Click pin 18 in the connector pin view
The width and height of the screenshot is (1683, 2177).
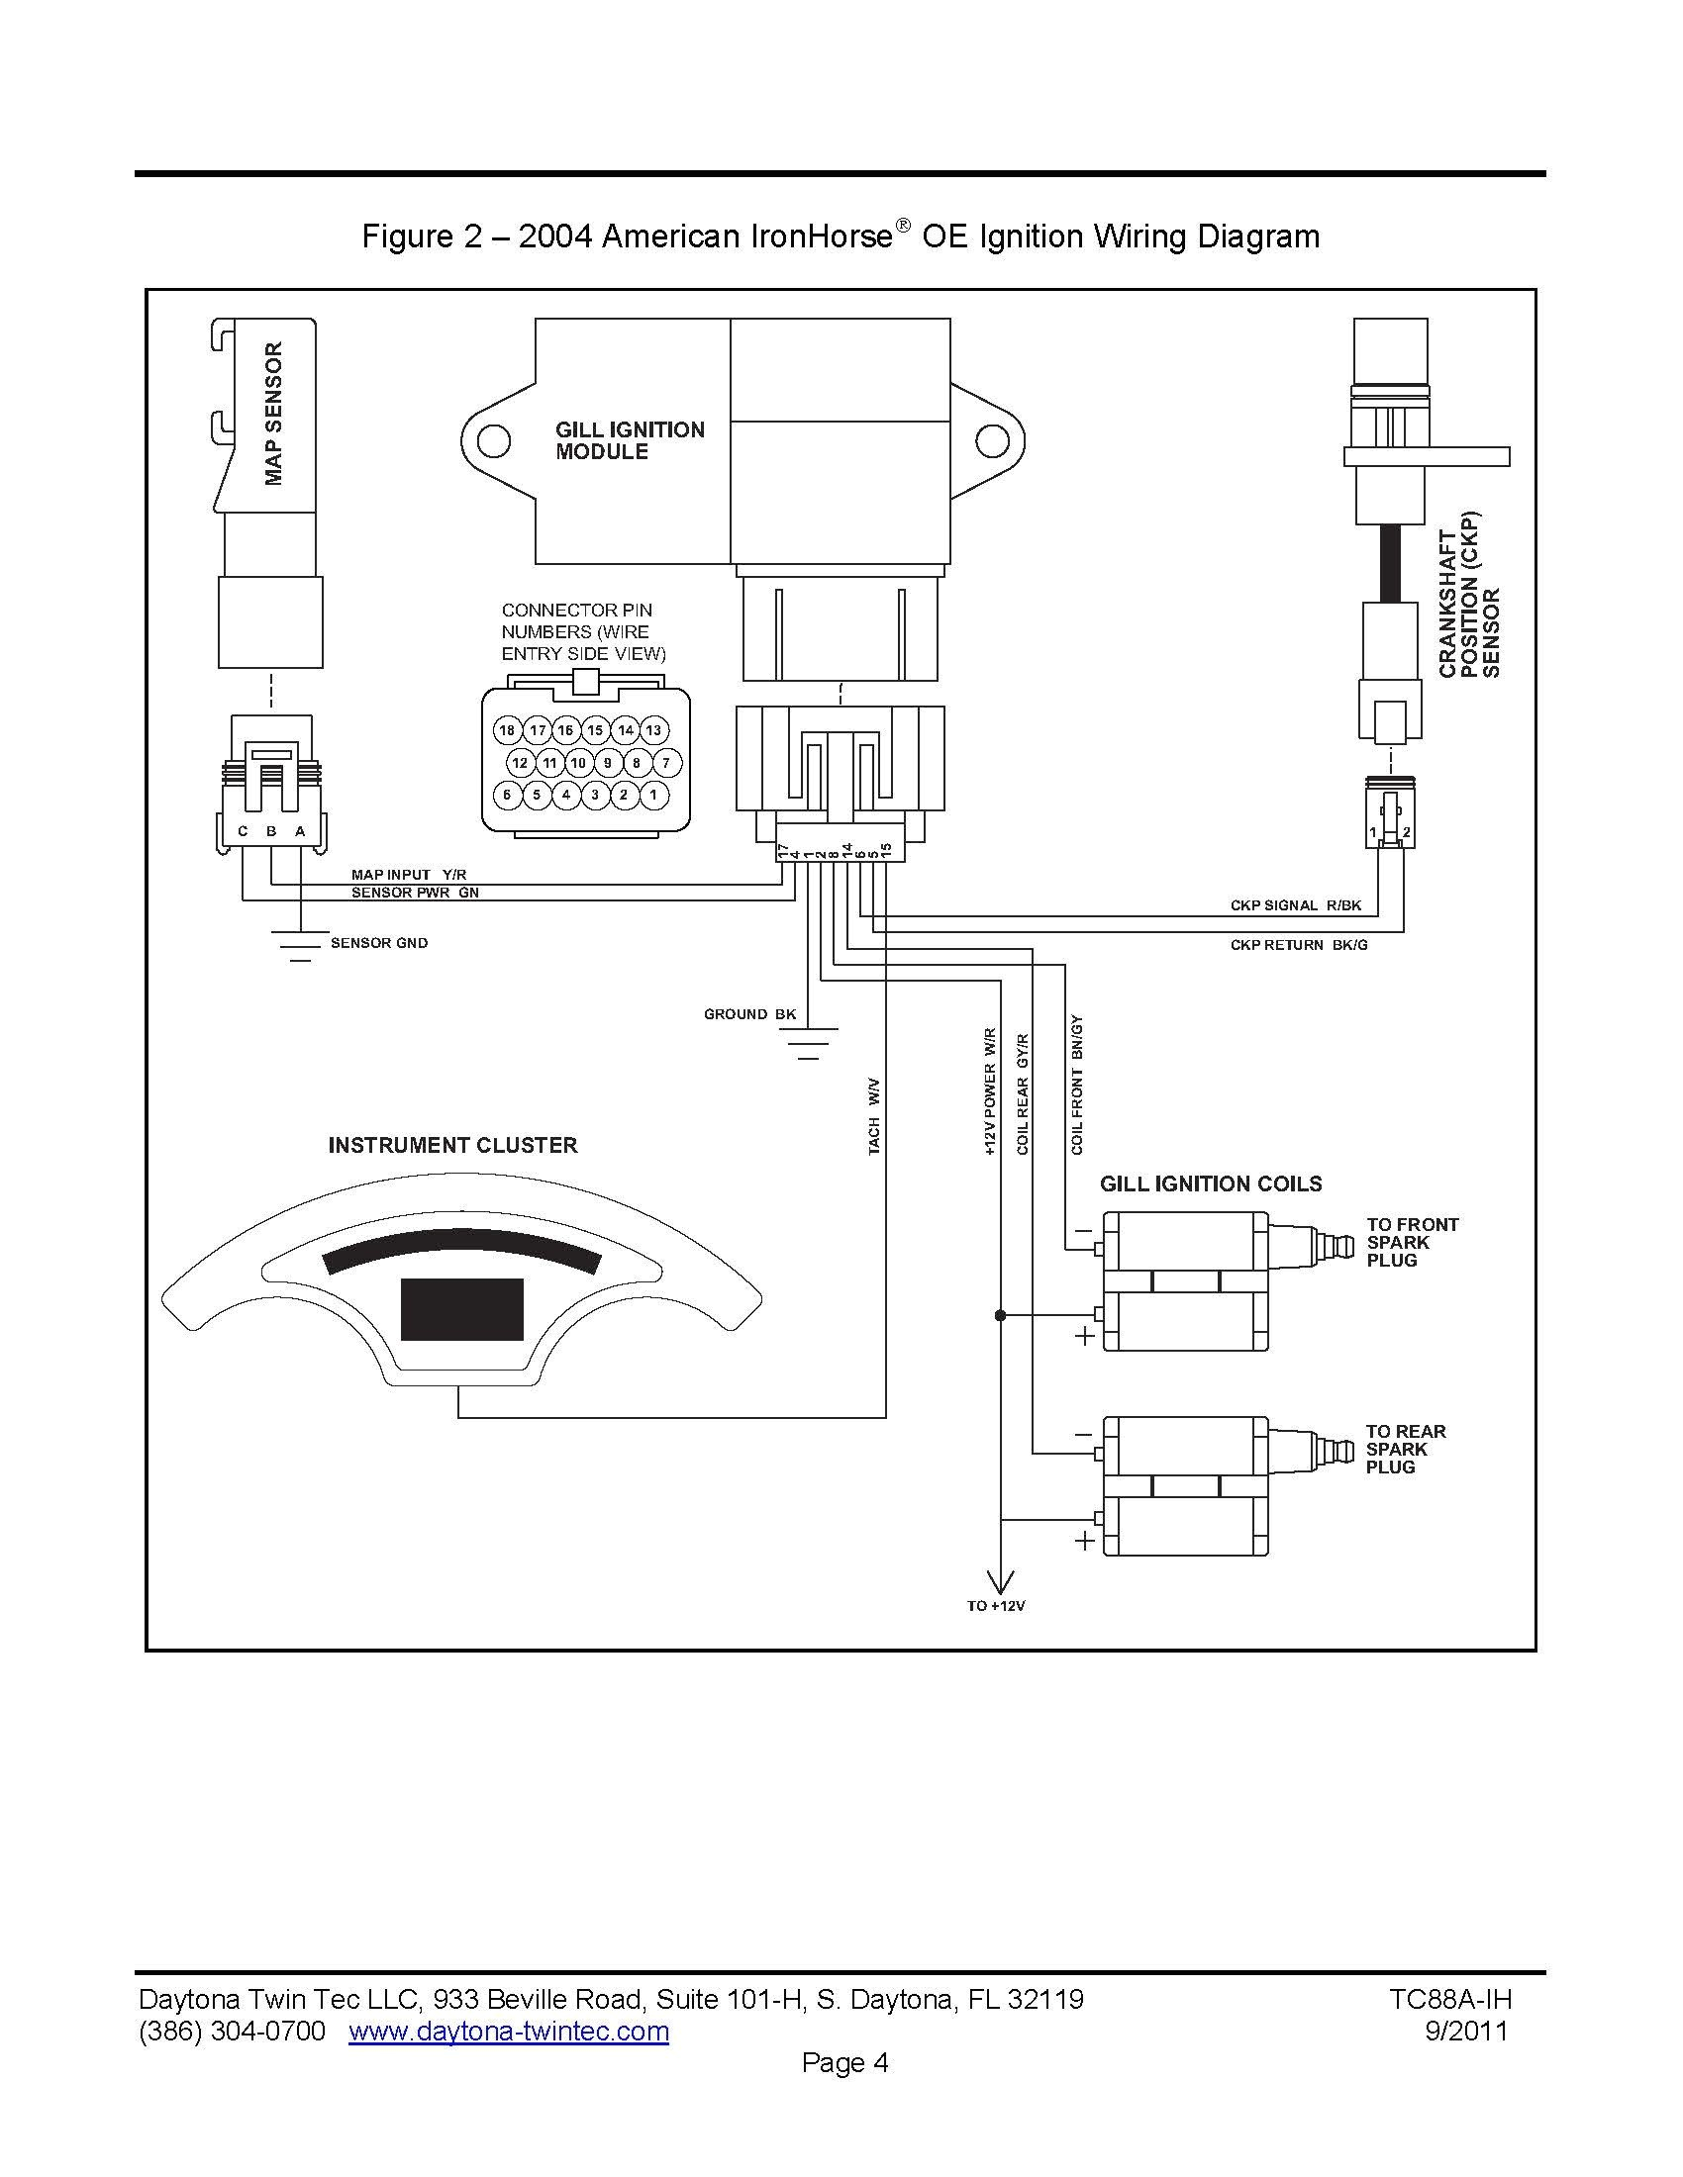pyautogui.click(x=507, y=730)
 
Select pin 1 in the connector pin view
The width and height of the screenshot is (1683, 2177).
pyautogui.click(x=653, y=795)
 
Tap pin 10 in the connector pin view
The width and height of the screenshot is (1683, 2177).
pyautogui.click(x=578, y=763)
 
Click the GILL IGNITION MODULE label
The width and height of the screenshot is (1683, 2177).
pyautogui.click(x=629, y=440)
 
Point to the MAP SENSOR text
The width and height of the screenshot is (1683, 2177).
pyautogui.click(x=273, y=413)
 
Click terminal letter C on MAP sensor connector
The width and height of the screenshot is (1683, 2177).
pyautogui.click(x=243, y=831)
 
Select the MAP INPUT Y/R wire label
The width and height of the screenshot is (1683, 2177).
pyautogui.click(x=409, y=874)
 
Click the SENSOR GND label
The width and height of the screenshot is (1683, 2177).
pyautogui.click(x=379, y=943)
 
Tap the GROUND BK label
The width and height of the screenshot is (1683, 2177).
pyautogui.click(x=749, y=1013)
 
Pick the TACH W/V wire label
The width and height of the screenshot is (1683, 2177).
pyautogui.click(x=874, y=1115)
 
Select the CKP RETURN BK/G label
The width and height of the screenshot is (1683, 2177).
pyautogui.click(x=1298, y=944)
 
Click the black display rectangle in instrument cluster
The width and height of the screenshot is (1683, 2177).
pyautogui.click(x=461, y=1309)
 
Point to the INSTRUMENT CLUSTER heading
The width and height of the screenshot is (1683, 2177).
pyautogui.click(x=452, y=1145)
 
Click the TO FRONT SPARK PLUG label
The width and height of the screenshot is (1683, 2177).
pyautogui.click(x=1412, y=1242)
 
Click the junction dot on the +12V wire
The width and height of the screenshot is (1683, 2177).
pyautogui.click(x=1000, y=1316)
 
